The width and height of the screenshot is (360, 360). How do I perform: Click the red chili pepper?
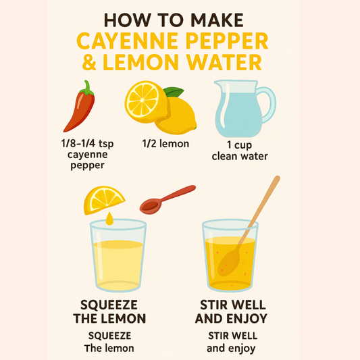pos(80,110)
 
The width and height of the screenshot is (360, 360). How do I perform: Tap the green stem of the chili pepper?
pos(87,88)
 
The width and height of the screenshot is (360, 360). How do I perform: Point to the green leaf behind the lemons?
pos(174,92)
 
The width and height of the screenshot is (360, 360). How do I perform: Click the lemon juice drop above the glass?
pos(109,219)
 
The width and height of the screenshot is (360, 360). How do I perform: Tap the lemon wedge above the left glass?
pos(104,200)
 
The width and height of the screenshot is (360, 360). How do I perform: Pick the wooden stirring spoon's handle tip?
pos(277,178)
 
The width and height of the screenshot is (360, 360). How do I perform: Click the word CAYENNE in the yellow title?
pos(128,41)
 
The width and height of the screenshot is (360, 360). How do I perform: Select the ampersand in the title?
pos(89,62)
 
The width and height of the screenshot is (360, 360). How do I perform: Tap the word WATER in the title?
pos(224,62)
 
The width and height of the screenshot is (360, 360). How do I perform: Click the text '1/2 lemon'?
pos(165,144)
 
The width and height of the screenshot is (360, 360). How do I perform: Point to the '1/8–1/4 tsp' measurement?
pos(88,143)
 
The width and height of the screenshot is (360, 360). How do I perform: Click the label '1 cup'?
pos(239,145)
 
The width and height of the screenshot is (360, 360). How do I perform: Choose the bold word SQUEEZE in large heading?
pos(109,305)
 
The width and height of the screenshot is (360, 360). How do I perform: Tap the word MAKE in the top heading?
pos(217,20)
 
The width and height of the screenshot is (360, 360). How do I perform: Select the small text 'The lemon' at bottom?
pos(109,349)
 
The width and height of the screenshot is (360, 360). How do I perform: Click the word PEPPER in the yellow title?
pos(227,41)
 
